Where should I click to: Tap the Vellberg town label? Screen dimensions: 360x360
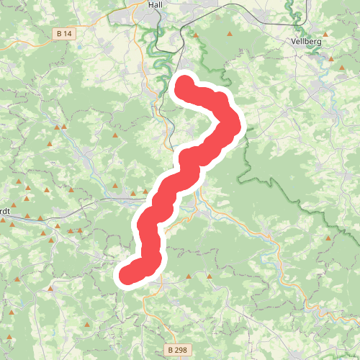(x=307, y=42)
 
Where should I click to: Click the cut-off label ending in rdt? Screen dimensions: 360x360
(x=4, y=211)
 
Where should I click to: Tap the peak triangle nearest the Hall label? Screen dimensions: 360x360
(x=195, y=33)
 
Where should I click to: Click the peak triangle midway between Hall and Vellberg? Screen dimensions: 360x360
(x=230, y=33)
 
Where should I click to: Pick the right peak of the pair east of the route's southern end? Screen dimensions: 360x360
(x=210, y=275)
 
